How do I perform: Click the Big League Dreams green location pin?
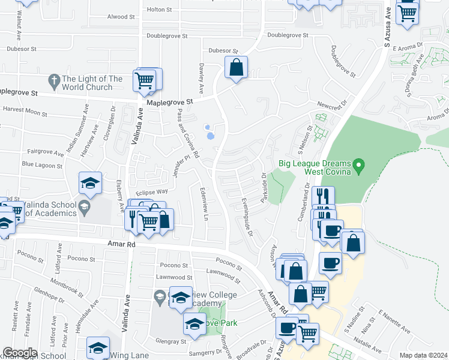359,164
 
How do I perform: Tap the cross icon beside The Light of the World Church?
53,80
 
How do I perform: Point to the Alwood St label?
118,17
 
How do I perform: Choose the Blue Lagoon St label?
42,165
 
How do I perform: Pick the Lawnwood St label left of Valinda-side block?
173,278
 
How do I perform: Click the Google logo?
20,353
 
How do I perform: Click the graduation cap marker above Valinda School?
90,183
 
